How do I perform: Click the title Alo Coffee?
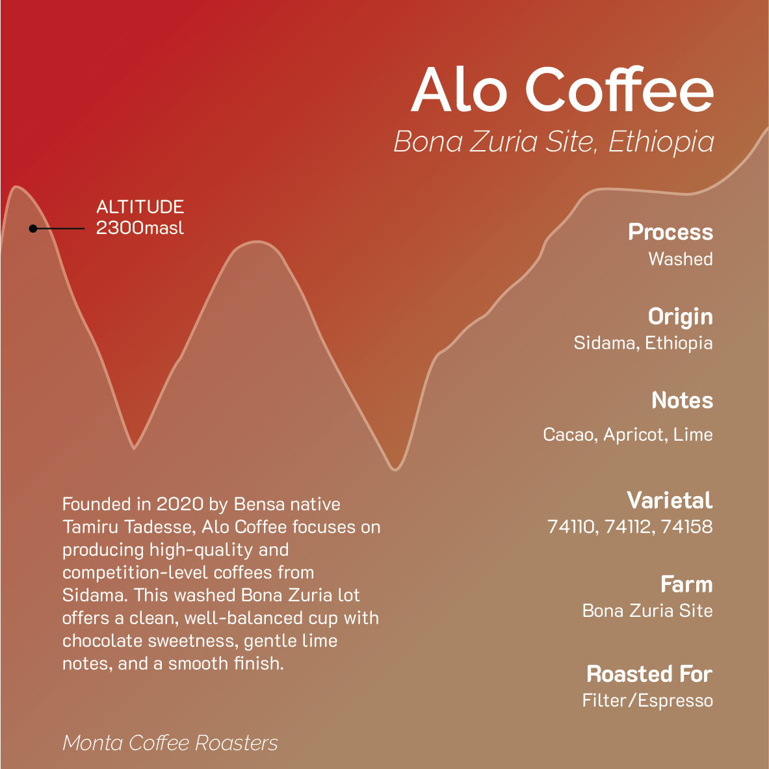tap(562, 89)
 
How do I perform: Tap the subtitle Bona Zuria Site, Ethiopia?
tap(554, 142)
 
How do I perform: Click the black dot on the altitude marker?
tap(33, 228)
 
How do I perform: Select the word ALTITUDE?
tap(140, 207)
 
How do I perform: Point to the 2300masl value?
tap(140, 228)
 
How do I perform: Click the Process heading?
tap(670, 232)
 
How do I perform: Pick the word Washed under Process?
tap(680, 259)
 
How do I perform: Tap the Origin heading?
tap(680, 317)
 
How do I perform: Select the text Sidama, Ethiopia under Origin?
tap(643, 343)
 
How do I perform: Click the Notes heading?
tap(682, 400)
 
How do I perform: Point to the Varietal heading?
tap(670, 500)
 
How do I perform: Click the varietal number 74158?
tap(686, 526)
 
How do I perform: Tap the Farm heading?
tap(686, 584)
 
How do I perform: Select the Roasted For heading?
tap(649, 674)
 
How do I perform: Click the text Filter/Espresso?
tap(647, 700)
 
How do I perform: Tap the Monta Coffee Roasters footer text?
tap(170, 742)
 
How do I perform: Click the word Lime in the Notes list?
tap(693, 434)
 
